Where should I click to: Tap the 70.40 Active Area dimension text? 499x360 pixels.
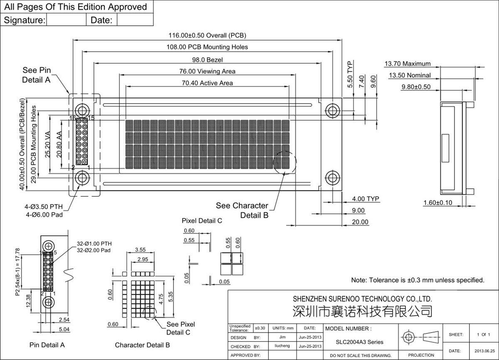point(207,83)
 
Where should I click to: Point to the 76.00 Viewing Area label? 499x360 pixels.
point(207,72)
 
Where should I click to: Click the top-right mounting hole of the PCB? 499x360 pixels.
point(332,110)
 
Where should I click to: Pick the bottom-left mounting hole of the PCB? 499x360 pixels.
point(82,178)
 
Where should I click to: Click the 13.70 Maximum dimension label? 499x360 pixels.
point(408,64)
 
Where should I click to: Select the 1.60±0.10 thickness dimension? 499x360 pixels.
point(438,203)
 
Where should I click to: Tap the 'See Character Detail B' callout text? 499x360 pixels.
point(242,210)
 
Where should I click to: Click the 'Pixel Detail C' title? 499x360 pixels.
point(202,221)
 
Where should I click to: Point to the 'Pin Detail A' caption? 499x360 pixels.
point(47,345)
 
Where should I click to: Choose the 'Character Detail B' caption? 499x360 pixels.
point(142,345)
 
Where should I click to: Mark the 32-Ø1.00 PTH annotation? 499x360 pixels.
point(94,244)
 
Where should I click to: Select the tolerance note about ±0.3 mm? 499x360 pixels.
point(417,280)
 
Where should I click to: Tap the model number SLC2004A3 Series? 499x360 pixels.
point(360,343)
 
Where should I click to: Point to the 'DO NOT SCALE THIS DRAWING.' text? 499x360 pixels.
point(361,356)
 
